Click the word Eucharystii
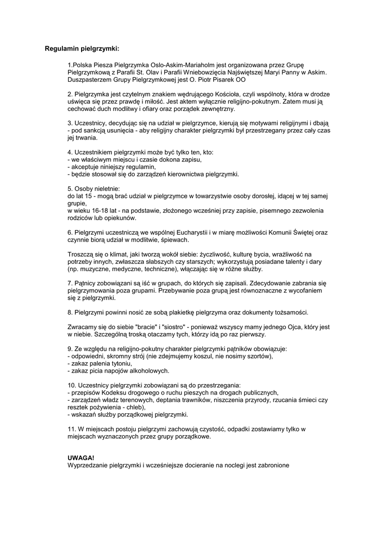click(204, 232)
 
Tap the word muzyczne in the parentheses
click(93, 270)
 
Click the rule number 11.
click(72, 429)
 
